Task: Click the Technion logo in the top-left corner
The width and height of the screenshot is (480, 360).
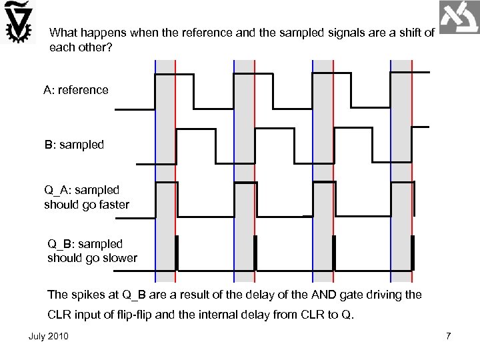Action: (x=19, y=23)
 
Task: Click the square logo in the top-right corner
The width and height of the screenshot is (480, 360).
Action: (x=459, y=17)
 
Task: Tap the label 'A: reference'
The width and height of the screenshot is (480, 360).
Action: (x=76, y=89)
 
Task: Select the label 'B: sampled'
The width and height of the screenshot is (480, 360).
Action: (x=74, y=144)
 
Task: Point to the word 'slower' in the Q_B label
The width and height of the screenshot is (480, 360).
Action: (x=119, y=258)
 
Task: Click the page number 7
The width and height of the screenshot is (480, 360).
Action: (x=449, y=335)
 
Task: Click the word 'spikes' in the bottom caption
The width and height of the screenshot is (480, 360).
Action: (x=87, y=294)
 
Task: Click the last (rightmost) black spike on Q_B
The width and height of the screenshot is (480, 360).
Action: (x=413, y=252)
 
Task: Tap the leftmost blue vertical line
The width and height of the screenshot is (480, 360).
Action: (x=155, y=167)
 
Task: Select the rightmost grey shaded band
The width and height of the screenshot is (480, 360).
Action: (x=402, y=167)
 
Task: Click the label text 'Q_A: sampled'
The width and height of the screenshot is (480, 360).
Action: (x=82, y=190)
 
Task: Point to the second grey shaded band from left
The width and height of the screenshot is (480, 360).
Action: (x=244, y=167)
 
